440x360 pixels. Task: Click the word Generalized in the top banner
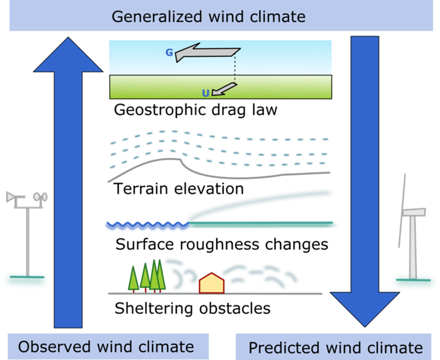pos(156,16)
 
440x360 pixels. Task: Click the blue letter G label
pos(169,53)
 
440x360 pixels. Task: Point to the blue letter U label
pos(205,93)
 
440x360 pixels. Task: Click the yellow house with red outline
pos(211,283)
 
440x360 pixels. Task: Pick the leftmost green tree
pos(133,279)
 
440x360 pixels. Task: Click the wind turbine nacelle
pos(414,211)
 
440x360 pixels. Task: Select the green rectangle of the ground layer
pos(221,87)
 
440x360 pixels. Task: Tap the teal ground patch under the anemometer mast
pos(26,280)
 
